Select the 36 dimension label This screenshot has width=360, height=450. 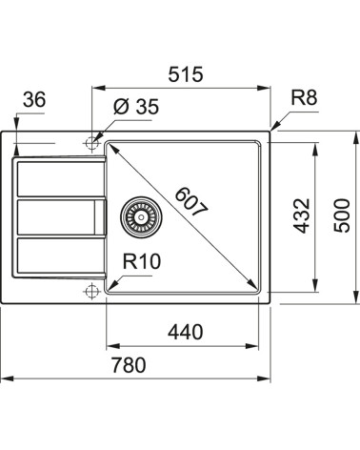pyautogui.click(x=35, y=100)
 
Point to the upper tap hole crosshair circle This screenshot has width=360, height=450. pyautogui.click(x=91, y=143)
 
